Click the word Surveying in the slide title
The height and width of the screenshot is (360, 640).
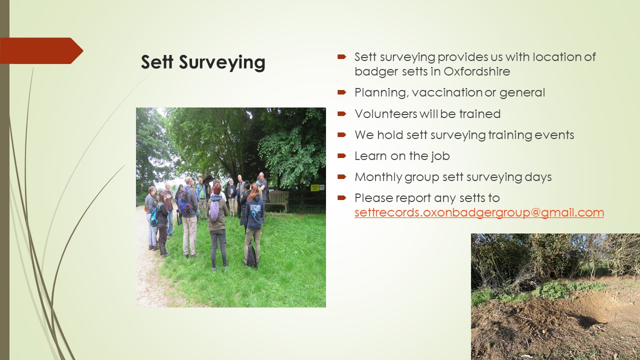coord(222,62)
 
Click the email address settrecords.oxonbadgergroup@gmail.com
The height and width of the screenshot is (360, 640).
coord(479,212)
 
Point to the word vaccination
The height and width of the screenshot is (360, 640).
coord(447,92)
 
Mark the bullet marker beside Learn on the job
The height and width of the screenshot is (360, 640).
coord(341,156)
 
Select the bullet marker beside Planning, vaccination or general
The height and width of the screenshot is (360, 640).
coord(341,92)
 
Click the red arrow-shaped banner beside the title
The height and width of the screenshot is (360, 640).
coord(41,50)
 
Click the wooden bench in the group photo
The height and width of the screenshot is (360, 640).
coord(276,200)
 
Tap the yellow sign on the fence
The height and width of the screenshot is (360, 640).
coord(315,187)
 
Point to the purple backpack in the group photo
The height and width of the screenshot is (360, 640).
coord(214,210)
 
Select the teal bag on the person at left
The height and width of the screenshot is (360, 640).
coord(154,217)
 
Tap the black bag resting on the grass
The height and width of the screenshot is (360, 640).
coord(251,255)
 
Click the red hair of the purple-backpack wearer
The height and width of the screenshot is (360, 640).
coord(217,188)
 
